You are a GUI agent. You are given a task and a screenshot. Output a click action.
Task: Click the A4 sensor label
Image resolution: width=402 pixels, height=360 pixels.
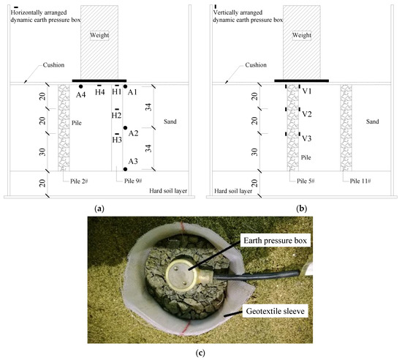pos(80,93)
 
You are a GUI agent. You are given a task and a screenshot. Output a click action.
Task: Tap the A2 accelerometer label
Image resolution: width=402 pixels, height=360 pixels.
pos(133,133)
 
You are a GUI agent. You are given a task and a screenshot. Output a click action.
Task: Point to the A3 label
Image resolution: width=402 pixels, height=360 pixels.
pos(133,161)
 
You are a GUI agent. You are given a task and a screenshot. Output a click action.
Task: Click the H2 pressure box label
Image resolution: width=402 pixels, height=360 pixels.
pos(116,116)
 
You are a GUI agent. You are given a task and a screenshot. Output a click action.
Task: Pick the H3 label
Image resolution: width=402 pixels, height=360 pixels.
pos(116,139)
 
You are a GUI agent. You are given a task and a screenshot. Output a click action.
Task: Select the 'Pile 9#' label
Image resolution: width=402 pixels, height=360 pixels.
pos(130,179)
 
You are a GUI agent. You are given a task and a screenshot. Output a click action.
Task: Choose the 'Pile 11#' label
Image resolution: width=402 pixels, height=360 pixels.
pos(359,179)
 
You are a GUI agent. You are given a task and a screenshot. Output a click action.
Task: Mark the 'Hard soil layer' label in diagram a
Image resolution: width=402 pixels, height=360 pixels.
pos(167,191)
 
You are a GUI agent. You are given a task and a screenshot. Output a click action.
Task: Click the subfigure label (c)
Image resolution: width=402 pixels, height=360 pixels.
pos(200,353)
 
